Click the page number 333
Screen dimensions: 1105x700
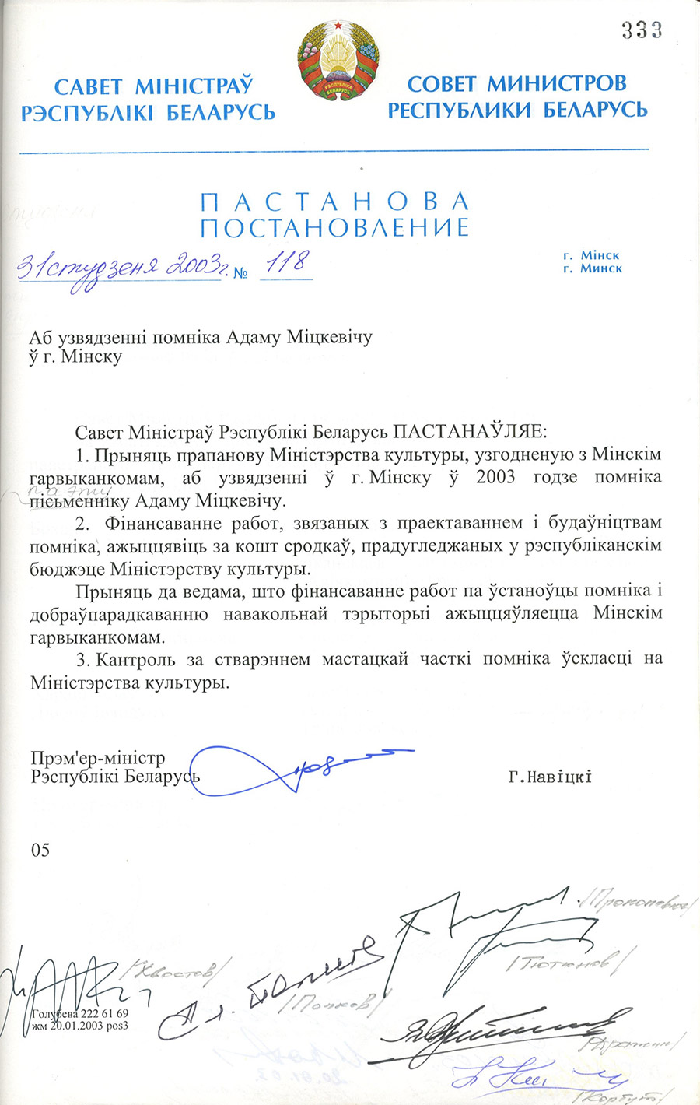click(x=642, y=30)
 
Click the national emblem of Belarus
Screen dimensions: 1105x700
click(x=338, y=60)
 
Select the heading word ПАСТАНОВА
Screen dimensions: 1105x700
click(x=334, y=202)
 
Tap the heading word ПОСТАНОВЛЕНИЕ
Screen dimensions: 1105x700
click(x=334, y=227)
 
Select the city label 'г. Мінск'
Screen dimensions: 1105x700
click(x=592, y=255)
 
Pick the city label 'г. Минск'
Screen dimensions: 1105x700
click(x=592, y=268)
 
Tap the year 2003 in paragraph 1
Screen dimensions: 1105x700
click(x=495, y=477)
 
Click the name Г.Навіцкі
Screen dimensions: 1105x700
click(x=550, y=776)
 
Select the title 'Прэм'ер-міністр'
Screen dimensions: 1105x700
click(x=98, y=758)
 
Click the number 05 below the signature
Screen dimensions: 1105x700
click(x=40, y=850)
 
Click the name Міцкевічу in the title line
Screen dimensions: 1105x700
click(x=331, y=337)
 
